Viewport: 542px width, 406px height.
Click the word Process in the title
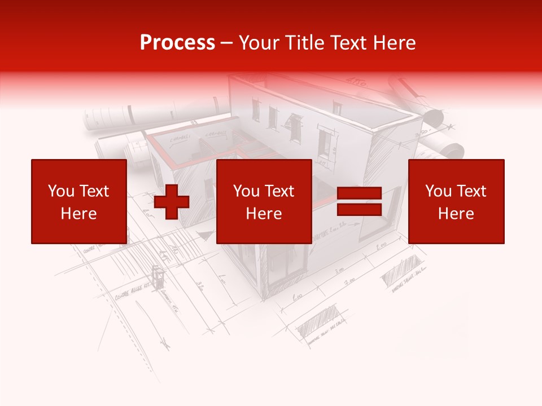177,42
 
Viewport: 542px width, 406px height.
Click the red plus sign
172,202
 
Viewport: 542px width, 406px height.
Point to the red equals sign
359,202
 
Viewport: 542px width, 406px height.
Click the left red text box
79,202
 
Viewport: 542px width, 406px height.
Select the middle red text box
264,202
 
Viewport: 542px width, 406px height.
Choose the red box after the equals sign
456,202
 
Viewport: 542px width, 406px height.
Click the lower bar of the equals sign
359,210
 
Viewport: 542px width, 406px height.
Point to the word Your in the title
257,42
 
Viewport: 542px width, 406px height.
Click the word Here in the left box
79,214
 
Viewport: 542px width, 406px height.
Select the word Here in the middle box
264,214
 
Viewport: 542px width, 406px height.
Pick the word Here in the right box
456,214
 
